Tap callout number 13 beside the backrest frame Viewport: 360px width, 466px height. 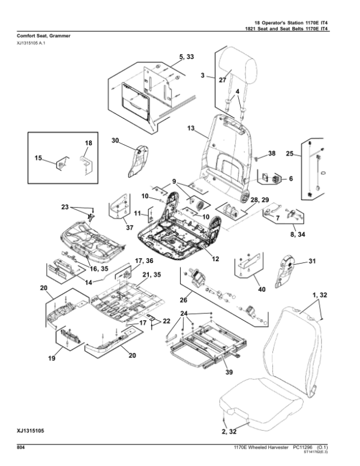[191, 129]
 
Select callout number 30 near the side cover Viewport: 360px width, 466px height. [115, 141]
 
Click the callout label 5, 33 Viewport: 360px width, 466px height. [187, 56]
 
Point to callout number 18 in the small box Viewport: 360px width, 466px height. [88, 142]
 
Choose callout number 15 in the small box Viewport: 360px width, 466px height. [38, 159]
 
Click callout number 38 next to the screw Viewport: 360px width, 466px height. [271, 154]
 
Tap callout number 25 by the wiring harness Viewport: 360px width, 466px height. [290, 155]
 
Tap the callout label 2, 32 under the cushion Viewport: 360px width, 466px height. [229, 431]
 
